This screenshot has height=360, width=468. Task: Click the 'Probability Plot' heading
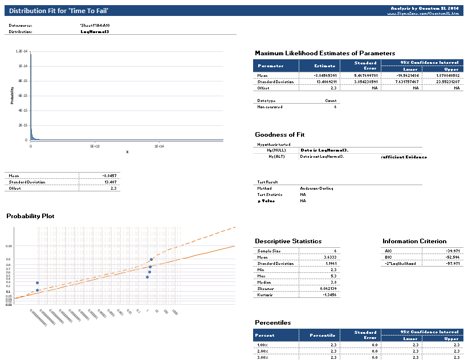tap(30, 216)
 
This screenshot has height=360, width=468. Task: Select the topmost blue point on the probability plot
tap(152, 260)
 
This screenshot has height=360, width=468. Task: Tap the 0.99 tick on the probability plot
tap(9, 246)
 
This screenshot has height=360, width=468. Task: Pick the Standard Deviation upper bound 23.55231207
tap(446, 81)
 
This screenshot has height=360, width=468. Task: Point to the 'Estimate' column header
tap(319, 66)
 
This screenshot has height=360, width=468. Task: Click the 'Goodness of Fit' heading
tap(280, 134)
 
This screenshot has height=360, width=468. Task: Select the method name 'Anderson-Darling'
tap(317, 188)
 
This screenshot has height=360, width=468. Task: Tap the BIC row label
tap(388, 257)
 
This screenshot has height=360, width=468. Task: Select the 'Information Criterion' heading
tap(414, 241)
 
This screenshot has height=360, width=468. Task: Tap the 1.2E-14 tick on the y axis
tap(20, 51)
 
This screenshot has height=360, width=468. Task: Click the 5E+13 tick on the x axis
tap(95, 146)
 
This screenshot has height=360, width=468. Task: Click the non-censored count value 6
tap(335, 107)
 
